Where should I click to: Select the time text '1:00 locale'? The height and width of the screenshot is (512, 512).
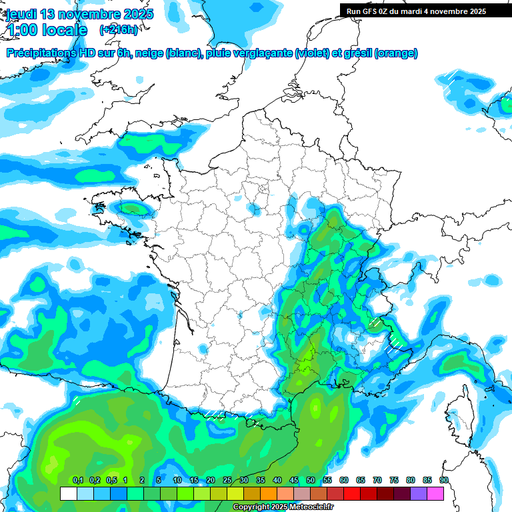point(47,30)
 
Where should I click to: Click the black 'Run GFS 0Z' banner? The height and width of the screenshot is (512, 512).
point(417,11)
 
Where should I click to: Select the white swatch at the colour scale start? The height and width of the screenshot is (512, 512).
point(68,493)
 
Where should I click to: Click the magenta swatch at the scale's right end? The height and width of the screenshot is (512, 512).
point(435,493)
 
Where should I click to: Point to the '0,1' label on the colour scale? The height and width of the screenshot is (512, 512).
point(78,481)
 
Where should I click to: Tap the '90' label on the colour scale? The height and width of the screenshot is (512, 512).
point(443,481)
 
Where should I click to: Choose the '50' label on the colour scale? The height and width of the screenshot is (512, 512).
point(311,481)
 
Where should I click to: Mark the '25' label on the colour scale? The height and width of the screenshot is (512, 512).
point(227,481)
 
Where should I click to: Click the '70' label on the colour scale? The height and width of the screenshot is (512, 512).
point(377,481)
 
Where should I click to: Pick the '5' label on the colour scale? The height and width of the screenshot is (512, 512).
point(159,481)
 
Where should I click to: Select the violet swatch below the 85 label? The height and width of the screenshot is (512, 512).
point(419,493)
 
